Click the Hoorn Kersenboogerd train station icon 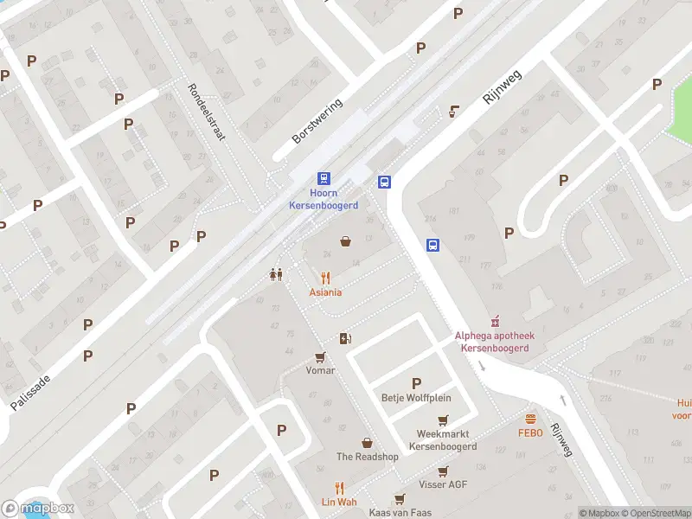tap(324, 178)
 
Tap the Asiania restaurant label tap(325, 292)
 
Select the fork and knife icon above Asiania tap(325, 278)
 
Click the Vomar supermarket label tap(320, 370)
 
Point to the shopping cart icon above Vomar tap(320, 356)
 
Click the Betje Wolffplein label tap(416, 399)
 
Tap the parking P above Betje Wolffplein tap(416, 383)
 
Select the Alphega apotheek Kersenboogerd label tap(496, 342)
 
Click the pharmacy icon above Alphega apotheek tap(496, 322)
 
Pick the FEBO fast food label tap(530, 433)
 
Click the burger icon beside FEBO tap(530, 419)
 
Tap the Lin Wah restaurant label tap(339, 503)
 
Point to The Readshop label tap(367, 457)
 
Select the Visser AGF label tap(443, 484)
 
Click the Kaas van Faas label tap(400, 513)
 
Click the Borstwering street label tap(317, 121)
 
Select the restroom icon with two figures tap(276, 274)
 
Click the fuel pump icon tap(345, 338)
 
